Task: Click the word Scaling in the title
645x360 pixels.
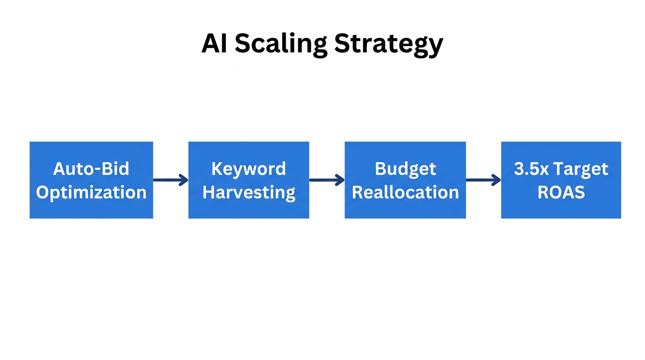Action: (x=281, y=44)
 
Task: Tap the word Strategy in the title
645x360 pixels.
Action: (x=389, y=45)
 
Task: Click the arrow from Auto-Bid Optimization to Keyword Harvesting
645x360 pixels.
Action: (x=170, y=180)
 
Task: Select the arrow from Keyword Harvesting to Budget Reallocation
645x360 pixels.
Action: (x=327, y=180)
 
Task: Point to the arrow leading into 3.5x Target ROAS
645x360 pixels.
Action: (x=483, y=180)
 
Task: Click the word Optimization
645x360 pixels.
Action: (x=91, y=192)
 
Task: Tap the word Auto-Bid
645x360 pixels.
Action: (x=91, y=168)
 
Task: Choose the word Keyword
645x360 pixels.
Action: (x=248, y=168)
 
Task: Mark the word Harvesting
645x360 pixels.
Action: (x=248, y=192)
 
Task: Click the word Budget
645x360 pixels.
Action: (x=405, y=169)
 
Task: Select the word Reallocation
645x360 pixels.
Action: (x=405, y=192)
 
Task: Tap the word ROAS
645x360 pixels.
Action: (x=561, y=192)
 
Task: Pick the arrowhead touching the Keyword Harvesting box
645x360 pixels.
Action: (x=184, y=180)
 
